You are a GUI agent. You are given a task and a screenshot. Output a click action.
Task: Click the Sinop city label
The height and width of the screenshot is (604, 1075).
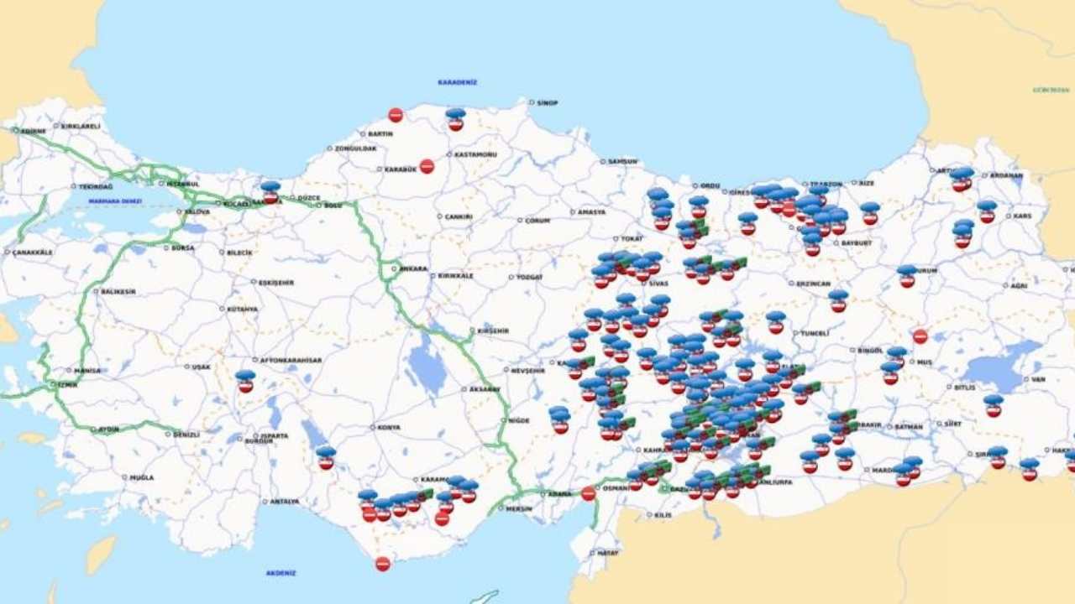pyautogui.click(x=547, y=102)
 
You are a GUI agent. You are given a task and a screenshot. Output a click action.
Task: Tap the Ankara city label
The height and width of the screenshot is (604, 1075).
pyautogui.click(x=413, y=268)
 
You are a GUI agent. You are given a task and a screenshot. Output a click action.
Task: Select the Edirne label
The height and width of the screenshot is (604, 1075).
pyautogui.click(x=34, y=130)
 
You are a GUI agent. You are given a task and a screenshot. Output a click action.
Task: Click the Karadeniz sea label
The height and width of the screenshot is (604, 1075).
pyautogui.click(x=457, y=82)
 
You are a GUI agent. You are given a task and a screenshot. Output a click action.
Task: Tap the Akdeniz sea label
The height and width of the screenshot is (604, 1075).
pyautogui.click(x=281, y=573)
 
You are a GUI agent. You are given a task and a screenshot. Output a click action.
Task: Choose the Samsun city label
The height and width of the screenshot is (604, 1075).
pyautogui.click(x=622, y=161)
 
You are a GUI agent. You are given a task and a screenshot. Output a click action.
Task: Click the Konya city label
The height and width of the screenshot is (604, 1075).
pyautogui.click(x=389, y=427)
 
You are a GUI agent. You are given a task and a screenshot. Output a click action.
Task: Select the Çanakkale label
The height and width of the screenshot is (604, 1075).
pyautogui.click(x=33, y=252)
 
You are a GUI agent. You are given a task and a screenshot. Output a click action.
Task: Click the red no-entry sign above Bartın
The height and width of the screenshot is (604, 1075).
pyautogui.click(x=396, y=115)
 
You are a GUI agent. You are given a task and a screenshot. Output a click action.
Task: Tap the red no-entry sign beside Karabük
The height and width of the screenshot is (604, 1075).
pyautogui.click(x=427, y=166)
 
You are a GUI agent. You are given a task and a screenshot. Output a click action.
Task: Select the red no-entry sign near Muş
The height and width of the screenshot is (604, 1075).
pyautogui.click(x=920, y=336)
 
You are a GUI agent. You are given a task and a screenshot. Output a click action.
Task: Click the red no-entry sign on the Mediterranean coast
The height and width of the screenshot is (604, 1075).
pyautogui.click(x=383, y=564)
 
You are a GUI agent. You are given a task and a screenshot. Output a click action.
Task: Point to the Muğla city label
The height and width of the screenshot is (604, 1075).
pyautogui.click(x=141, y=477)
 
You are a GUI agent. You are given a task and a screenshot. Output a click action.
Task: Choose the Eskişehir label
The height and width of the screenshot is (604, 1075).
pyautogui.click(x=275, y=283)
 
